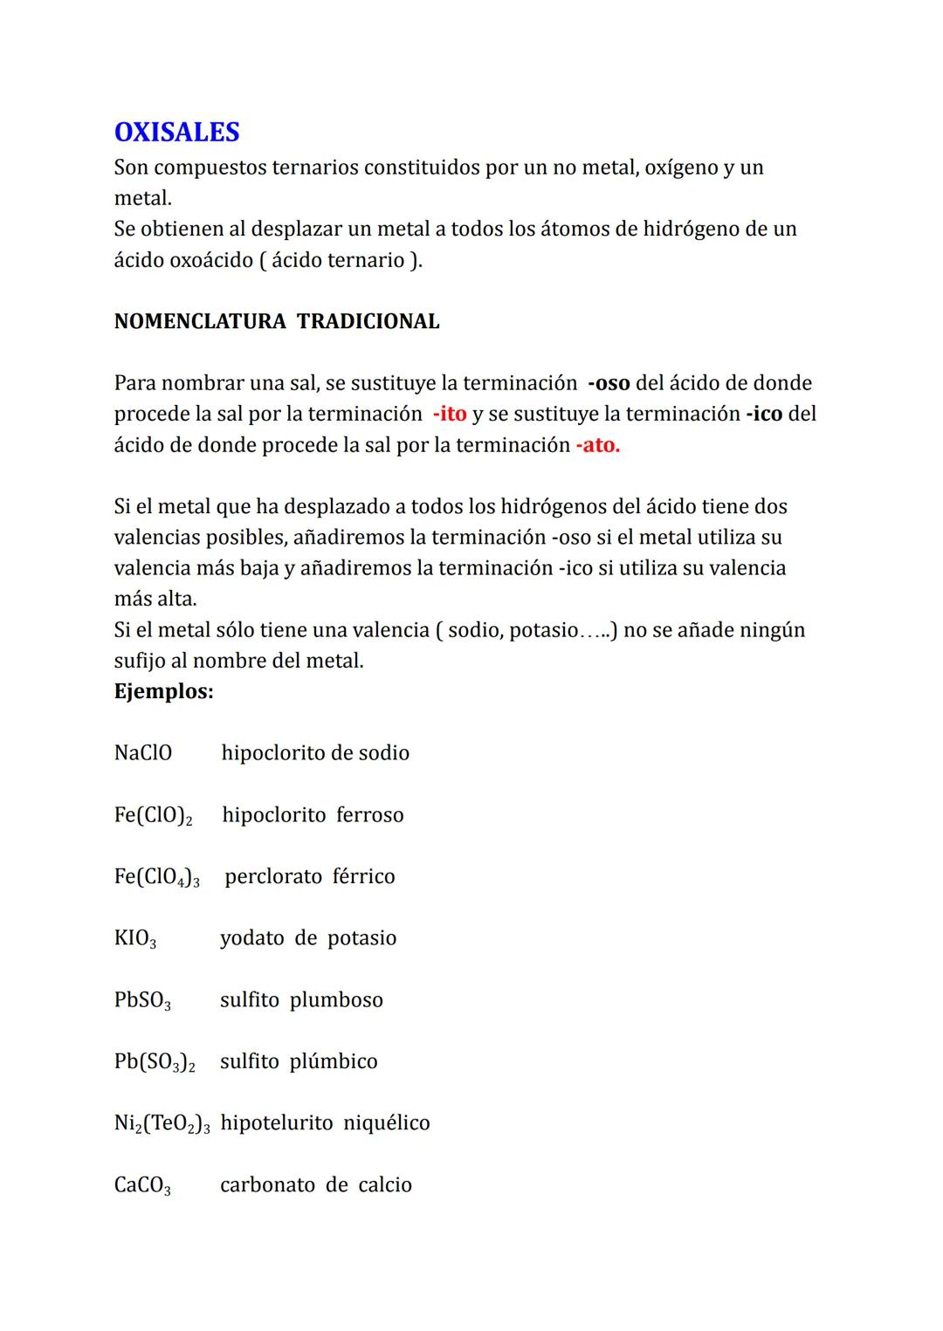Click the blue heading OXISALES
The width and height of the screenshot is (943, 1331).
176,133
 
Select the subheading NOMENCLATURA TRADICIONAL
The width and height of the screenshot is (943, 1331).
277,322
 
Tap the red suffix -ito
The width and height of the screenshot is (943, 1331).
450,414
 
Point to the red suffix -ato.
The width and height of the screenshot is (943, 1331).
597,445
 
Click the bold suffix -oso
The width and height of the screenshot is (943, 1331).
609,383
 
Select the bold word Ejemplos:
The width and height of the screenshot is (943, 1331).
163,692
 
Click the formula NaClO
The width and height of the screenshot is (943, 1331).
143,753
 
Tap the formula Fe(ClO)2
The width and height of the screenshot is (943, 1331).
153,816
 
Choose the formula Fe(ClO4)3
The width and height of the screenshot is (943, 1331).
156,877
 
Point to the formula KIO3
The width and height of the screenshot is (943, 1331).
135,939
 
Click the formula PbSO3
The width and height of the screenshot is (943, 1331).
142,1001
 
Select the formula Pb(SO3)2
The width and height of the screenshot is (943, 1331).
155,1062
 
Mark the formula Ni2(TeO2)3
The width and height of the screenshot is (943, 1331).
162,1124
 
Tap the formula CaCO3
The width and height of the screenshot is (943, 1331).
142,1186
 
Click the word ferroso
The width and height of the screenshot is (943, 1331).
370,815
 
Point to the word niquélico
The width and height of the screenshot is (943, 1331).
387,1123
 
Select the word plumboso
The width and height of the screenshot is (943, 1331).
336,1000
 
